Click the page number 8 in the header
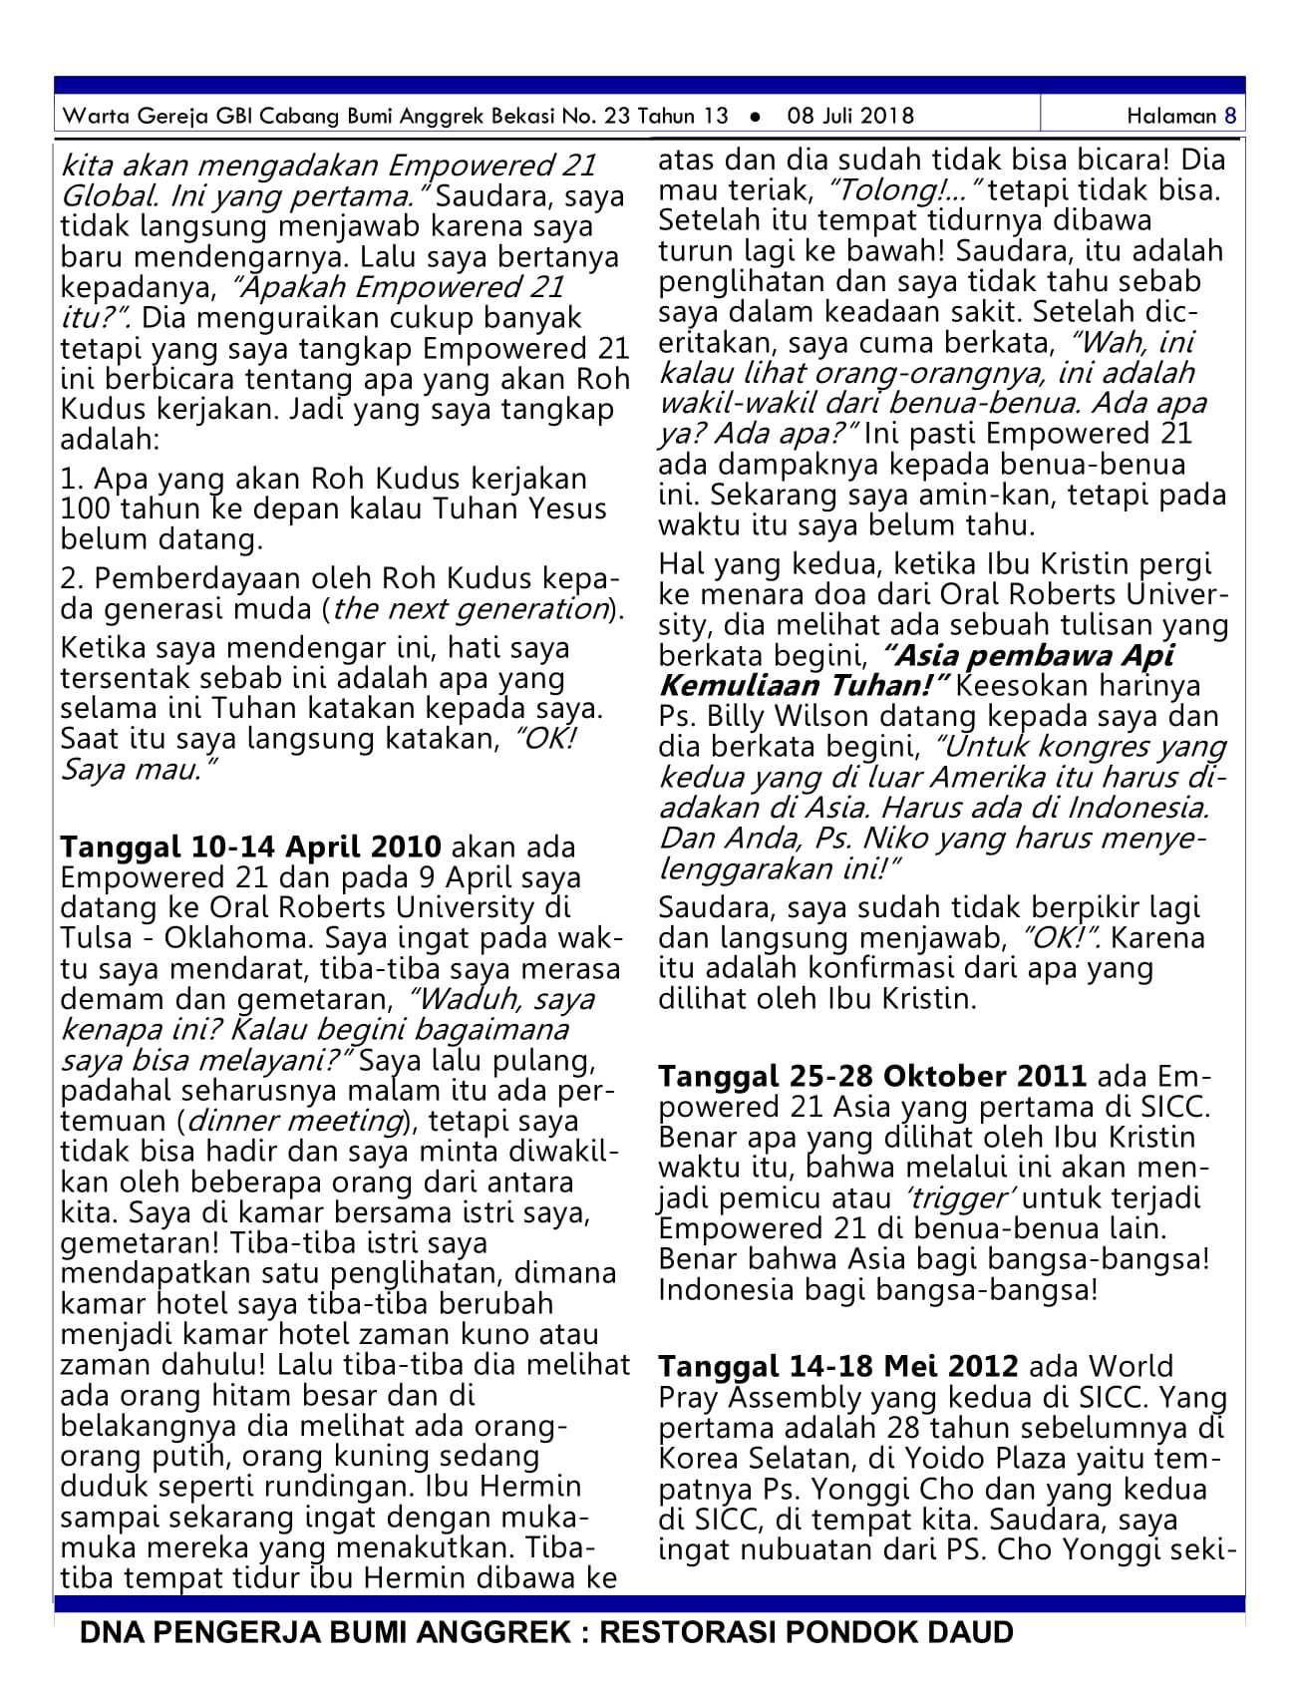pyautogui.click(x=1230, y=116)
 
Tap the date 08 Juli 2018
pyautogui.click(x=850, y=116)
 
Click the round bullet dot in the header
pyautogui.click(x=756, y=117)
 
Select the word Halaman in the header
pyautogui.click(x=1171, y=116)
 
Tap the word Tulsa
pyautogui.click(x=96, y=938)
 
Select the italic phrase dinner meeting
pyautogui.click(x=294, y=1121)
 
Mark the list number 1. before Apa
pyautogui.click(x=72, y=480)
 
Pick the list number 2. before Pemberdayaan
pyautogui.click(x=72, y=579)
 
